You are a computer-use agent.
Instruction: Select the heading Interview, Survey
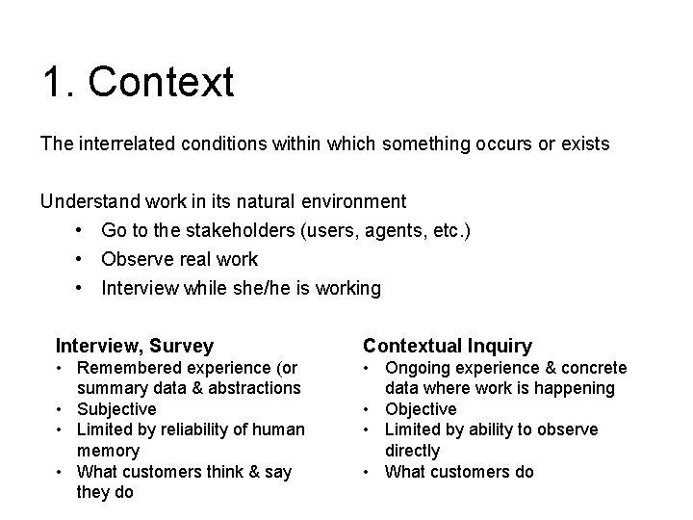click(135, 345)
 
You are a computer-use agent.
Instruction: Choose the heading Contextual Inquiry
click(447, 345)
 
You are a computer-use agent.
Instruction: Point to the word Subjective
click(116, 409)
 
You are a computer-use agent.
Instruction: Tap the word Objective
click(421, 409)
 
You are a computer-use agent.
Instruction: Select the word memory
click(108, 451)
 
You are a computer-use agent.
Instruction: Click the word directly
click(412, 451)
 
